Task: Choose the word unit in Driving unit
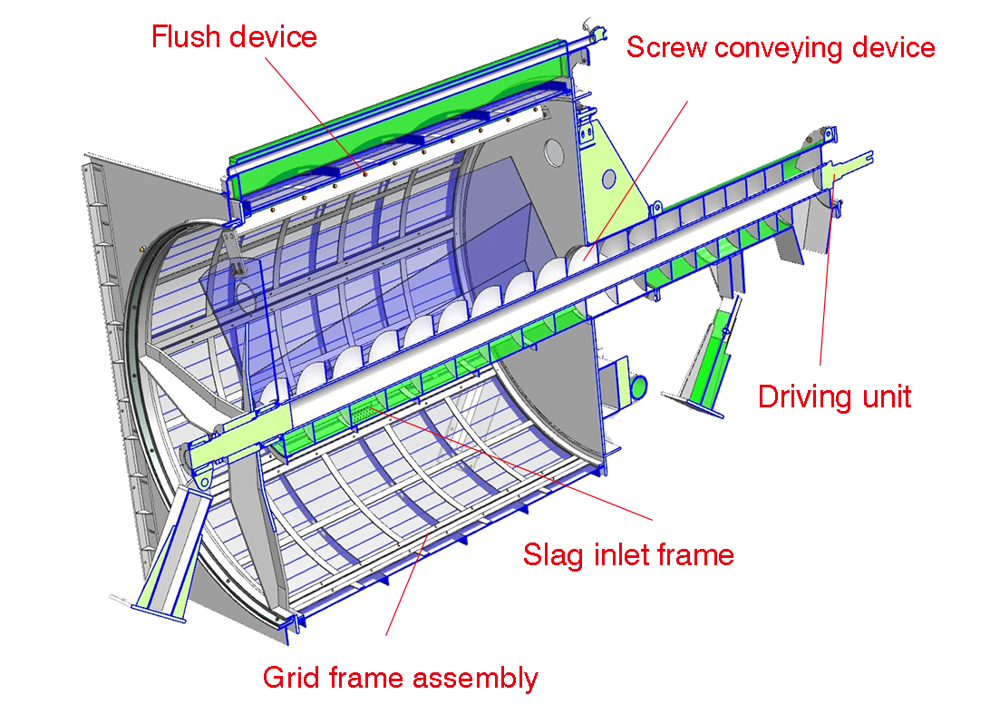tap(882, 396)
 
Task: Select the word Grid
tap(286, 677)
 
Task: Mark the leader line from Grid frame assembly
tap(403, 590)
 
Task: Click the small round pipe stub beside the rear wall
tap(638, 386)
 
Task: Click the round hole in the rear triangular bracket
tap(609, 178)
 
